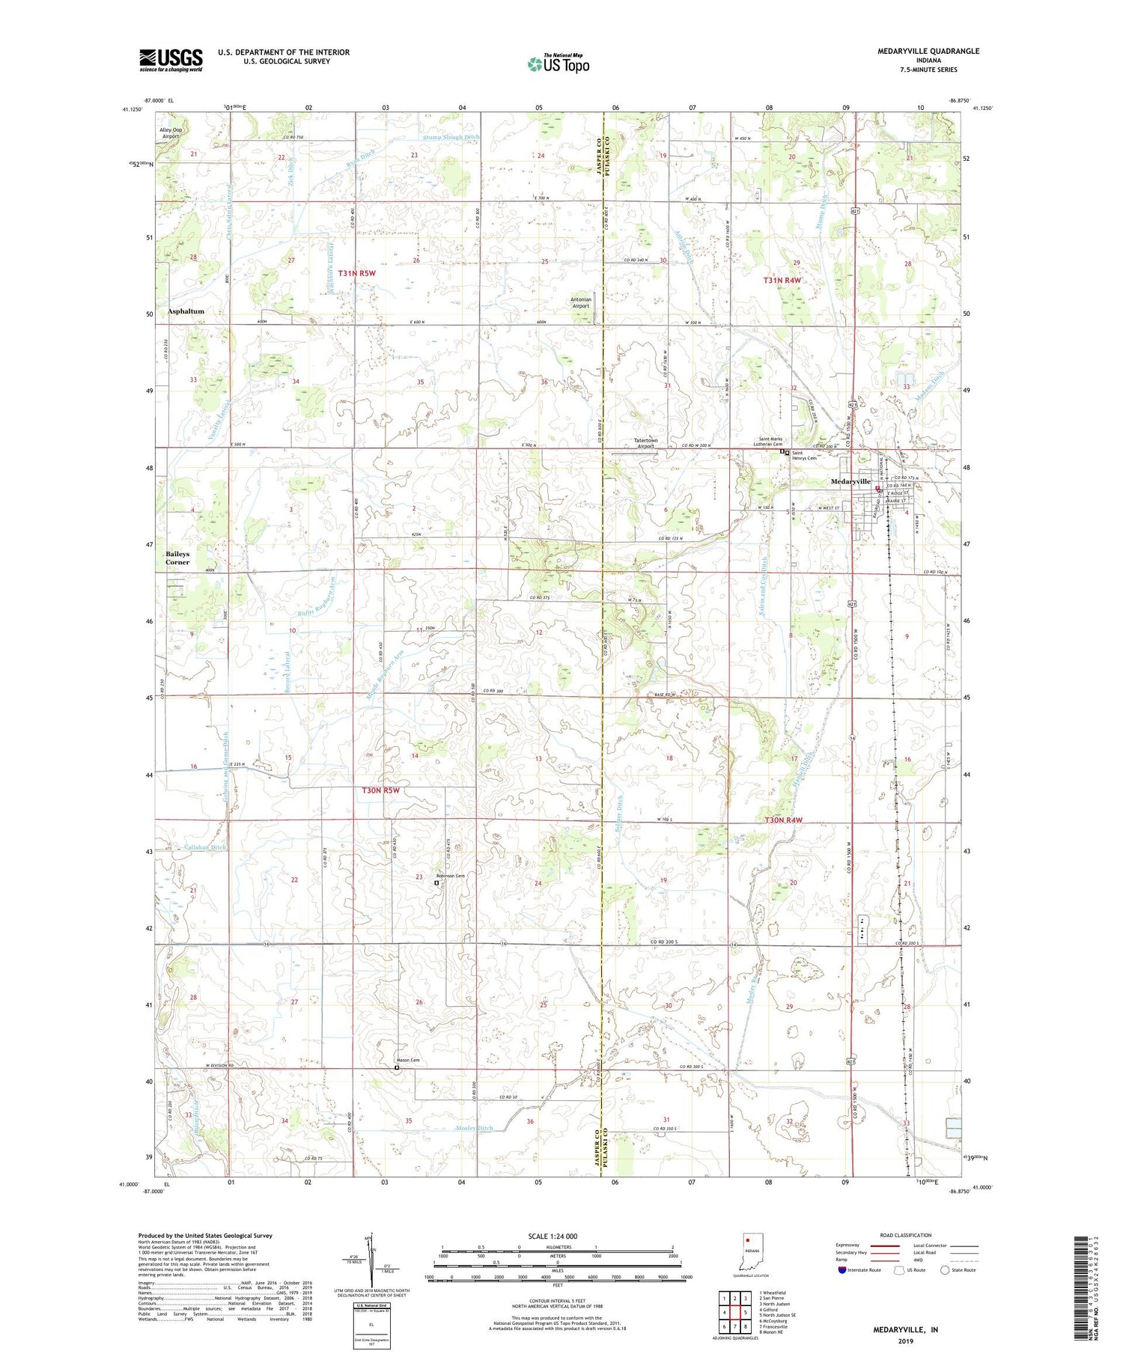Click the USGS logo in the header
(x=171, y=60)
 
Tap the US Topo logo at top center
(x=558, y=64)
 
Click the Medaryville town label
(x=850, y=481)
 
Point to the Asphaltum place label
(x=186, y=311)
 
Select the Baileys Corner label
(x=177, y=558)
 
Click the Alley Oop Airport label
(x=171, y=133)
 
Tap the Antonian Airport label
(x=581, y=302)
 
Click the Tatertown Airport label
(x=645, y=443)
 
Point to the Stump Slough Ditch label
(x=451, y=138)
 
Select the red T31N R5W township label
(x=356, y=274)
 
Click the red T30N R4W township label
(x=783, y=820)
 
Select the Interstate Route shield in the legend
(x=842, y=1270)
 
